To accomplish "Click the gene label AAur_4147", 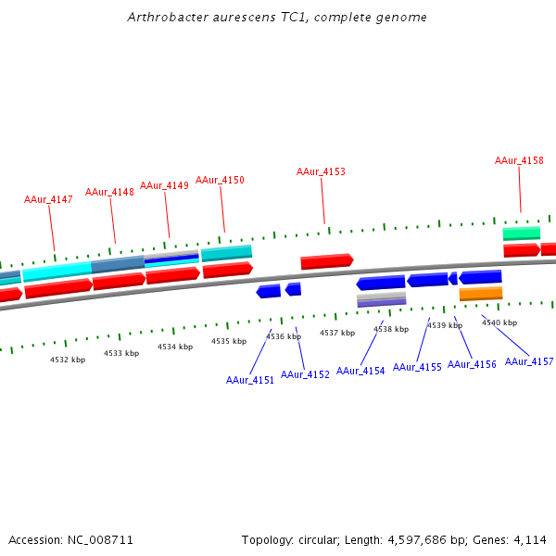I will [48, 199].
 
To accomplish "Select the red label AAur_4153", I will [321, 171].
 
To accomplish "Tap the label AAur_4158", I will [519, 160].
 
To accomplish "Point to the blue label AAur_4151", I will [250, 380].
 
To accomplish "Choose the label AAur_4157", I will [529, 361].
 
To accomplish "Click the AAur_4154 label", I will [360, 371].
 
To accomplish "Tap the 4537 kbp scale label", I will [337, 333].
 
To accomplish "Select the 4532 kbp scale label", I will [68, 359].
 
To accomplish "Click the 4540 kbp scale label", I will [499, 322].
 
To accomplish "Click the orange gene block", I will [481, 294].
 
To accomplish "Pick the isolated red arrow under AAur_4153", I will [326, 261].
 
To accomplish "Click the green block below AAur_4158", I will [522, 234].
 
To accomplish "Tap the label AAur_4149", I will [164, 185].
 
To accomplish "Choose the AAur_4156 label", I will [472, 364].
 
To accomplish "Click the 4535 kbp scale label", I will [229, 341].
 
